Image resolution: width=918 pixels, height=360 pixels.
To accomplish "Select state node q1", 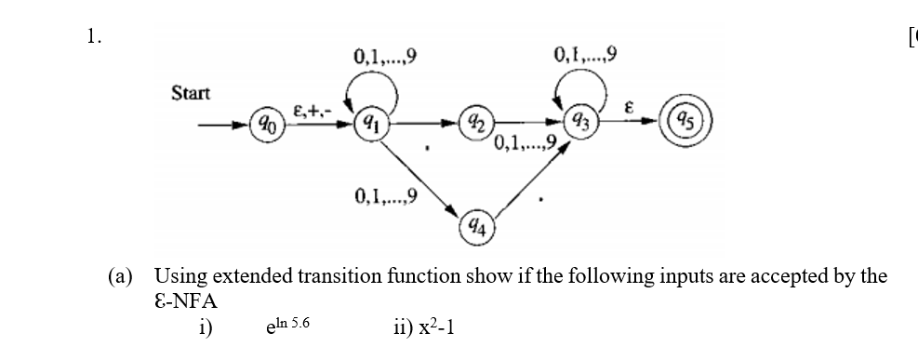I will (x=369, y=121).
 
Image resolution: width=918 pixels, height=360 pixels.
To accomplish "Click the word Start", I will (x=191, y=93).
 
